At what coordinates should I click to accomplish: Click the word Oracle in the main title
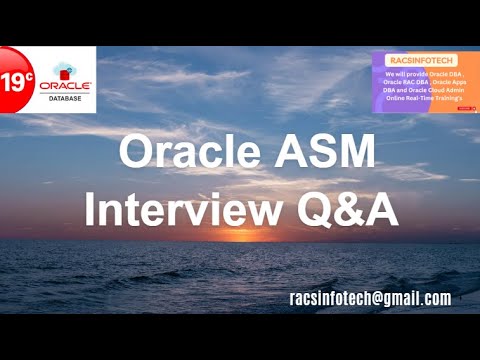pos(186,152)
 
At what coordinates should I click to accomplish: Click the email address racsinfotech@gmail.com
pos(369,299)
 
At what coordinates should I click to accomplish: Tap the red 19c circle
pos(14,81)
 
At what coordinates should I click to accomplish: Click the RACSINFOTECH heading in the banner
pos(420,59)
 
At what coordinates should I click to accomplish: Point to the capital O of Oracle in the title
pos(135,152)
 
